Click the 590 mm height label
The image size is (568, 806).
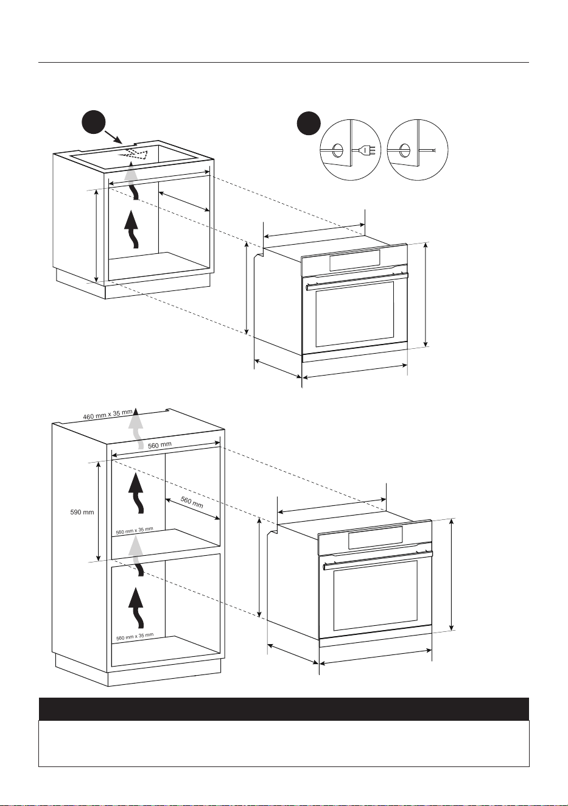82,512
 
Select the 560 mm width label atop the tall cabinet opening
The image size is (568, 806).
160,445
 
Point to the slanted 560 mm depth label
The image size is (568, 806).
192,502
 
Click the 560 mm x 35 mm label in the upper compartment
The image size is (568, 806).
135,531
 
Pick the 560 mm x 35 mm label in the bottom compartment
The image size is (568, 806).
135,637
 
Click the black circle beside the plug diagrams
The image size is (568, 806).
309,123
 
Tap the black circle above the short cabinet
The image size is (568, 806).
94,122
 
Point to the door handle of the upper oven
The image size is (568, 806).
357,281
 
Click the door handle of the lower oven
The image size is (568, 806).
377,560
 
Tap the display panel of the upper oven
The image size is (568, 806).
354,260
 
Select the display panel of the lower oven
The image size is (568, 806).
376,538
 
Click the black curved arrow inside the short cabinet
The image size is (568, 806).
131,230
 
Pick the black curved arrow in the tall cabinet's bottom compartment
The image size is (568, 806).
136,608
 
